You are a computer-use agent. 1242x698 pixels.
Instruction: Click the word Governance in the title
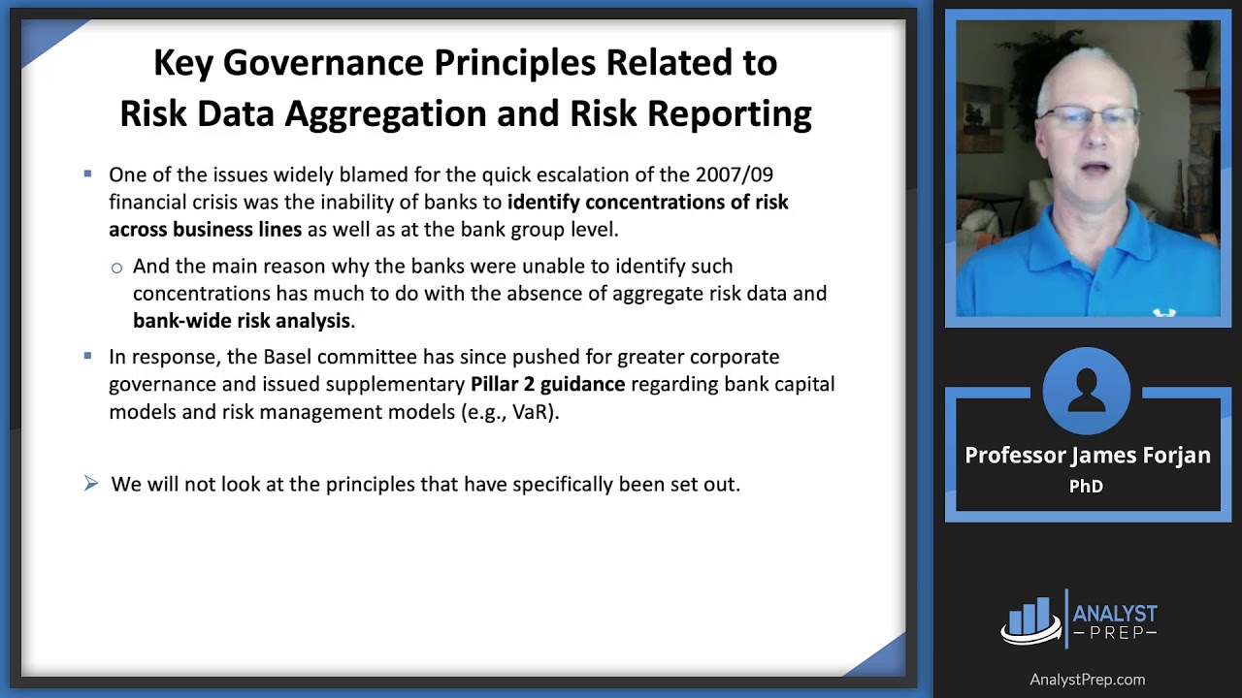323,63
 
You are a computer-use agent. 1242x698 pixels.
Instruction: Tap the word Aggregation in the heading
385,114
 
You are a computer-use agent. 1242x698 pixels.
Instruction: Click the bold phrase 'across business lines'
205,230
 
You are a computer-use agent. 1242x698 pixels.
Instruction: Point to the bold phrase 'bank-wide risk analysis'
242,321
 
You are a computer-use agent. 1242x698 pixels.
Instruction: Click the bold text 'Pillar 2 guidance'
548,384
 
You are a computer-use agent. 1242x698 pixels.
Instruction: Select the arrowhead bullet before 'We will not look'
91,483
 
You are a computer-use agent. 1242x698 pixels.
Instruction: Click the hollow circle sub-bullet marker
116,269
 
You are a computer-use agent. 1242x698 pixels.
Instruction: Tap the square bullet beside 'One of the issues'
87,174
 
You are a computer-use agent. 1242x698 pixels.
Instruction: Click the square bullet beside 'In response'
87,356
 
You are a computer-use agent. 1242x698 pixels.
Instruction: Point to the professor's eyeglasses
1089,116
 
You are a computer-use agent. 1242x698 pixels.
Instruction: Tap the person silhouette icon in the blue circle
1086,390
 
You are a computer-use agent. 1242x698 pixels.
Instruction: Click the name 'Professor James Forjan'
1088,456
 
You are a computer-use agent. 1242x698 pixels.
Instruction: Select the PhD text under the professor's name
1086,486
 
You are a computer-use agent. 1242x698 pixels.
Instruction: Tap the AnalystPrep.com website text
1088,680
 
